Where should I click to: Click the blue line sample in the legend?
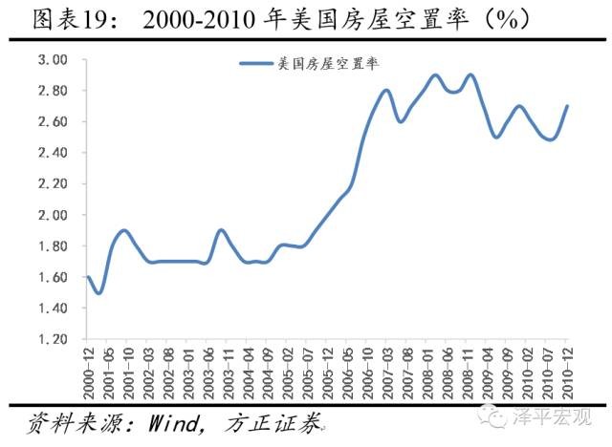point(257,64)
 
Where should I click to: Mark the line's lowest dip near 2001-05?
point(98,292)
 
